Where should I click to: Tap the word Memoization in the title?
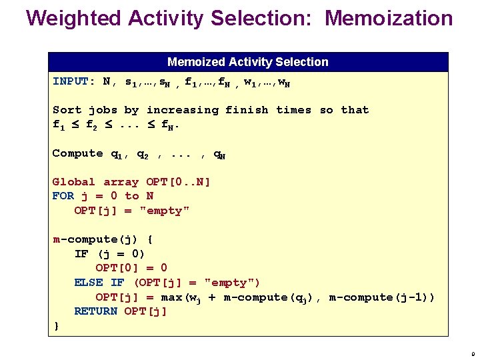[389, 18]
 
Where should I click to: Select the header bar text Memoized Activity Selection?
[248, 62]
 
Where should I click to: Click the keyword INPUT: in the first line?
[74, 81]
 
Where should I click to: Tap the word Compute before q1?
[77, 153]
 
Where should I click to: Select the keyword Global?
[74, 182]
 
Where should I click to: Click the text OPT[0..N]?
[178, 182]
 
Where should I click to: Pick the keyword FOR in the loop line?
[63, 196]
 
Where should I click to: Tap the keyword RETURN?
[96, 311]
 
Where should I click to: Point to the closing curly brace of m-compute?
[56, 325]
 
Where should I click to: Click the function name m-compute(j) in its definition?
[95, 239]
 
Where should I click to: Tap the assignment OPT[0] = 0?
[131, 268]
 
